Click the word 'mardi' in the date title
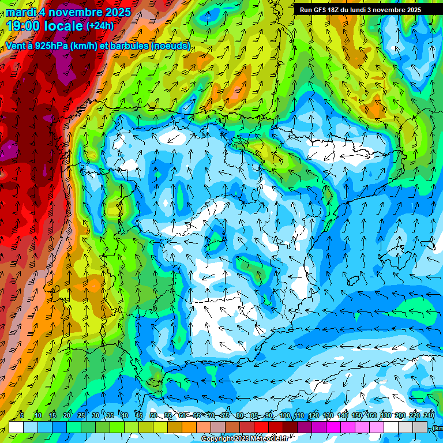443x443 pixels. coord(20,12)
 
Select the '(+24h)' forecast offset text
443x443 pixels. coord(100,26)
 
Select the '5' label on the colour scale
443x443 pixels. coord(22,415)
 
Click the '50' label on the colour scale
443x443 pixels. coord(153,415)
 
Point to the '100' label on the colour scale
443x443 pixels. coord(284,415)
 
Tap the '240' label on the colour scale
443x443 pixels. coord(429,415)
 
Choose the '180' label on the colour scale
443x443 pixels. coord(385,415)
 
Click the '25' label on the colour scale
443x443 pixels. coord(81,415)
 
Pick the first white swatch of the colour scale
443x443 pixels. coord(16,427)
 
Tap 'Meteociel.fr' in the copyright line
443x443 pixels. coord(270,439)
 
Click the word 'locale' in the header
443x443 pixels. coord(63,26)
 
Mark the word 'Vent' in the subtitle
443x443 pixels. coord(16,46)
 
